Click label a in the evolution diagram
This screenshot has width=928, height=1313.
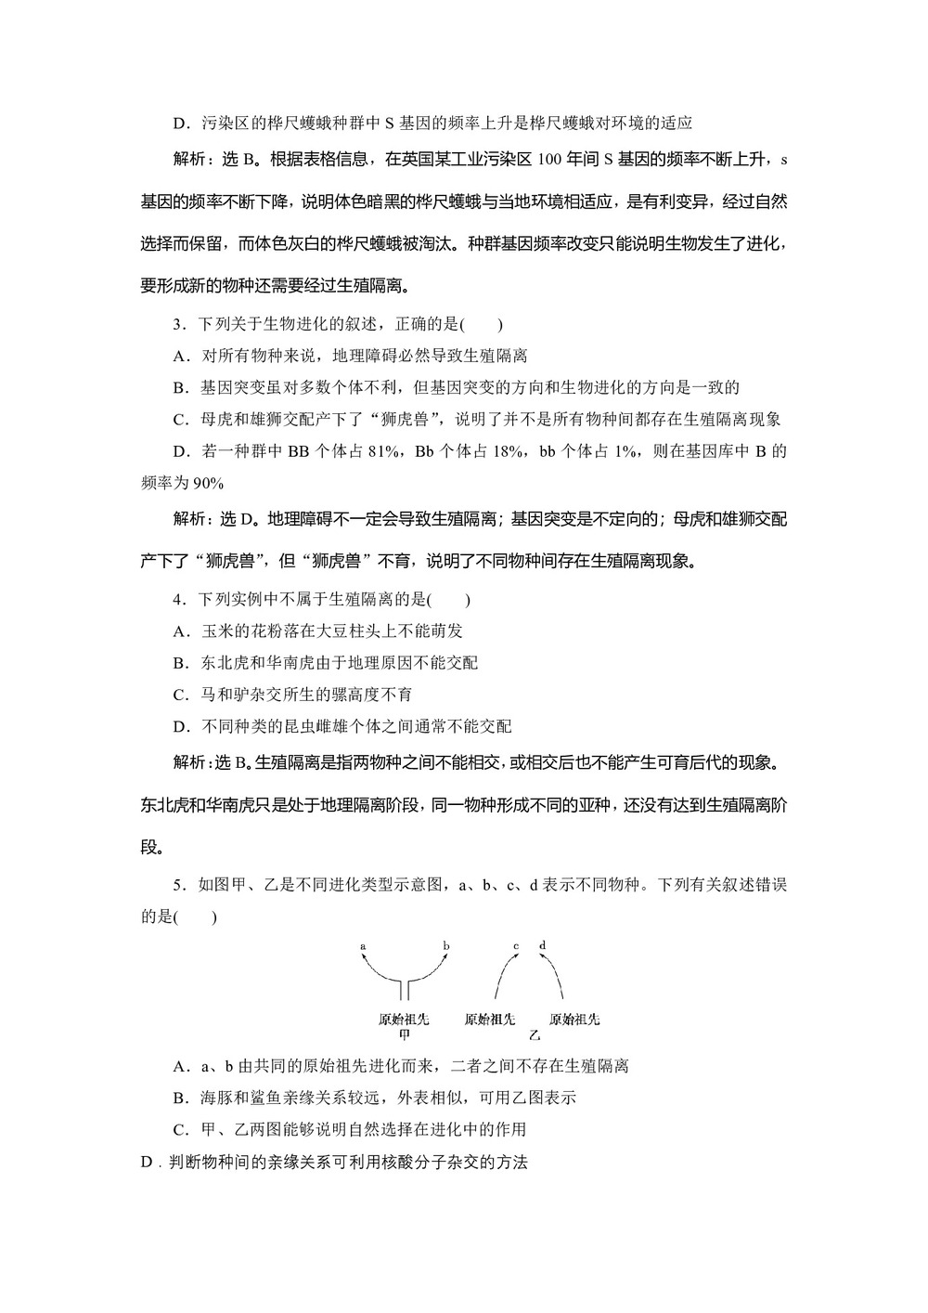[x=363, y=946]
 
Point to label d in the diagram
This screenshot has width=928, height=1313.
[x=542, y=945]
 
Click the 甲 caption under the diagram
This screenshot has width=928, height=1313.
[x=405, y=1033]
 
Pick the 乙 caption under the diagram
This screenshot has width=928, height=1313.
[x=534, y=1034]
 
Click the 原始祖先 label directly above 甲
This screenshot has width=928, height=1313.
[x=405, y=1019]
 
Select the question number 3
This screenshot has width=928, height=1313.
[x=177, y=324]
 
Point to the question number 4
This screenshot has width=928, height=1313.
[x=177, y=600]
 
